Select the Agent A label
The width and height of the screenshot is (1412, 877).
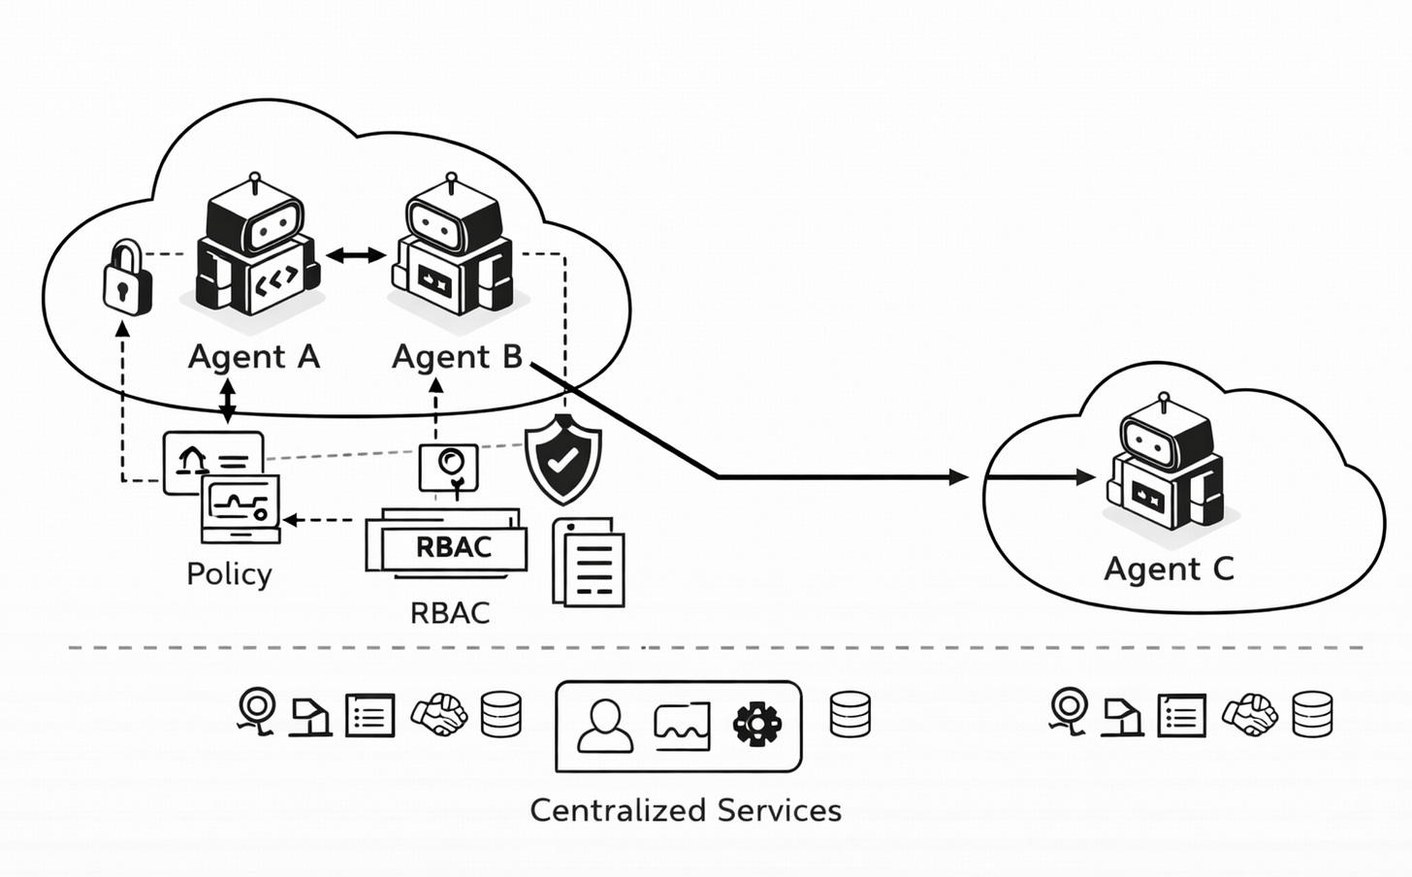click(254, 357)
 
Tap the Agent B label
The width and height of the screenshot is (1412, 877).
click(457, 357)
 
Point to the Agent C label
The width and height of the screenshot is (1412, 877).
click(1169, 568)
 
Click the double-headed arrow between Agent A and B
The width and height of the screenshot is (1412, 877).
click(356, 255)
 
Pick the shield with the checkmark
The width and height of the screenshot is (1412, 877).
click(562, 459)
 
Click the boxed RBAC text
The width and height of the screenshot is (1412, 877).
click(453, 548)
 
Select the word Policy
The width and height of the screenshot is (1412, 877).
click(229, 574)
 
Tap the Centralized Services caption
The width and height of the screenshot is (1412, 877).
click(686, 810)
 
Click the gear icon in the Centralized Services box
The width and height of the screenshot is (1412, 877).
click(757, 725)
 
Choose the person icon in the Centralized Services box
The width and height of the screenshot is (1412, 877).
click(604, 726)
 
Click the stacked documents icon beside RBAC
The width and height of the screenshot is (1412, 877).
click(589, 563)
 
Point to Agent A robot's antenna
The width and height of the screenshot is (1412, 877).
click(256, 181)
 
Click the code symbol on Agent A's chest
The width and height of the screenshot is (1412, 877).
click(274, 282)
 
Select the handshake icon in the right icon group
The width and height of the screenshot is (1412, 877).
click(1250, 715)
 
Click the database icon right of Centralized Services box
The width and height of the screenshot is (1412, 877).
click(850, 715)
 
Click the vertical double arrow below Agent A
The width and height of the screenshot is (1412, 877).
click(228, 401)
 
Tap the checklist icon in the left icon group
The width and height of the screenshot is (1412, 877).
click(370, 716)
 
